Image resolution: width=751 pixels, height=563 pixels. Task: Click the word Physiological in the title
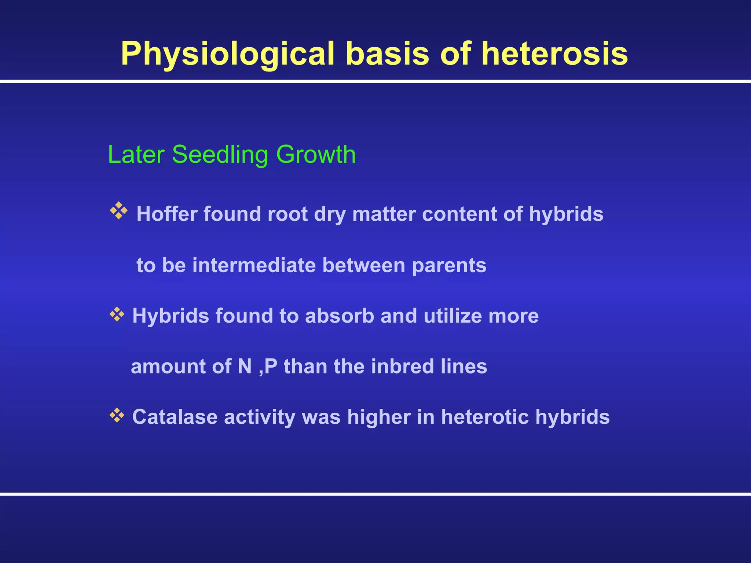[227, 54]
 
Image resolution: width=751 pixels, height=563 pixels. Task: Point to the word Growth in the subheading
[316, 155]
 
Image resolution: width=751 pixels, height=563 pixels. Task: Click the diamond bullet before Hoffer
[118, 211]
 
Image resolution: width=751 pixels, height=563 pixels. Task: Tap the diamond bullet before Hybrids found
[117, 314]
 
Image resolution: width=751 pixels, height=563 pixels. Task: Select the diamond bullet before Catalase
[117, 415]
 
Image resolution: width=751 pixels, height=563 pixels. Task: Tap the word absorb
[339, 316]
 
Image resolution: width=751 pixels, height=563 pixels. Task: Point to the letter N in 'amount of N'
[245, 366]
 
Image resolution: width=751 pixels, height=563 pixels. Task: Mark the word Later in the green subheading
[136, 155]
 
